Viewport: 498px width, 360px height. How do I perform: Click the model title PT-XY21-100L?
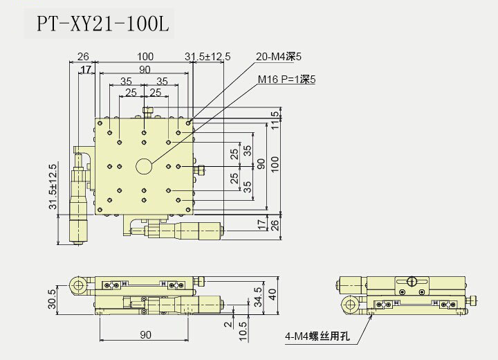(x=102, y=24)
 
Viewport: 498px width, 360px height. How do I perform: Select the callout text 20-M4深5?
(x=279, y=57)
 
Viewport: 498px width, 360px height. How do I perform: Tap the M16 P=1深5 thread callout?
(x=286, y=80)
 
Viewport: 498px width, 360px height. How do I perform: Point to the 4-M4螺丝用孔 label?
(x=318, y=338)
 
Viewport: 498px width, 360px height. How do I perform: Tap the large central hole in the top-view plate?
(x=144, y=166)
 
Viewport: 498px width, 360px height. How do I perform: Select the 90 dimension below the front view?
(x=145, y=335)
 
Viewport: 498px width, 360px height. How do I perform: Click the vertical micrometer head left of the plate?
(x=80, y=201)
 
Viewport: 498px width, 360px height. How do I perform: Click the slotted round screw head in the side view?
(x=411, y=281)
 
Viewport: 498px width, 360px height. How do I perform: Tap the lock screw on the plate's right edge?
(x=200, y=168)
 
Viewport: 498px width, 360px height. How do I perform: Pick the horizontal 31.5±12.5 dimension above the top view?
(x=207, y=56)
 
